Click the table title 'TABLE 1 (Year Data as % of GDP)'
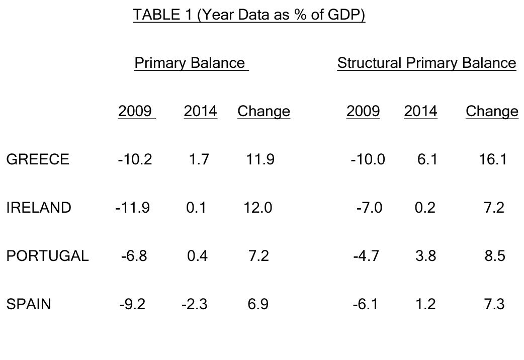tap(249, 15)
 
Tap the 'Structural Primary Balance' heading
tap(426, 63)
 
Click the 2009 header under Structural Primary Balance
tap(363, 111)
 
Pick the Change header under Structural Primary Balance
tap(492, 111)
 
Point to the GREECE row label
tap(38, 159)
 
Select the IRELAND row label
tap(39, 208)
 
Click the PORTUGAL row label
tap(47, 256)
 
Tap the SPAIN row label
tap(29, 304)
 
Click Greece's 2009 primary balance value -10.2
tap(135, 159)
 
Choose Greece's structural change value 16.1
tap(493, 159)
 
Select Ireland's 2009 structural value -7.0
tap(369, 208)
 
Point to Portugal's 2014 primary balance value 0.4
tap(197, 256)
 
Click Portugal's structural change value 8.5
tap(494, 256)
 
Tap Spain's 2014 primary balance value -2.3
tap(194, 304)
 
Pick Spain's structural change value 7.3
tap(494, 304)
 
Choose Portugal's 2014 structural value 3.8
tap(425, 256)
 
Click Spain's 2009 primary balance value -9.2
tap(133, 304)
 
